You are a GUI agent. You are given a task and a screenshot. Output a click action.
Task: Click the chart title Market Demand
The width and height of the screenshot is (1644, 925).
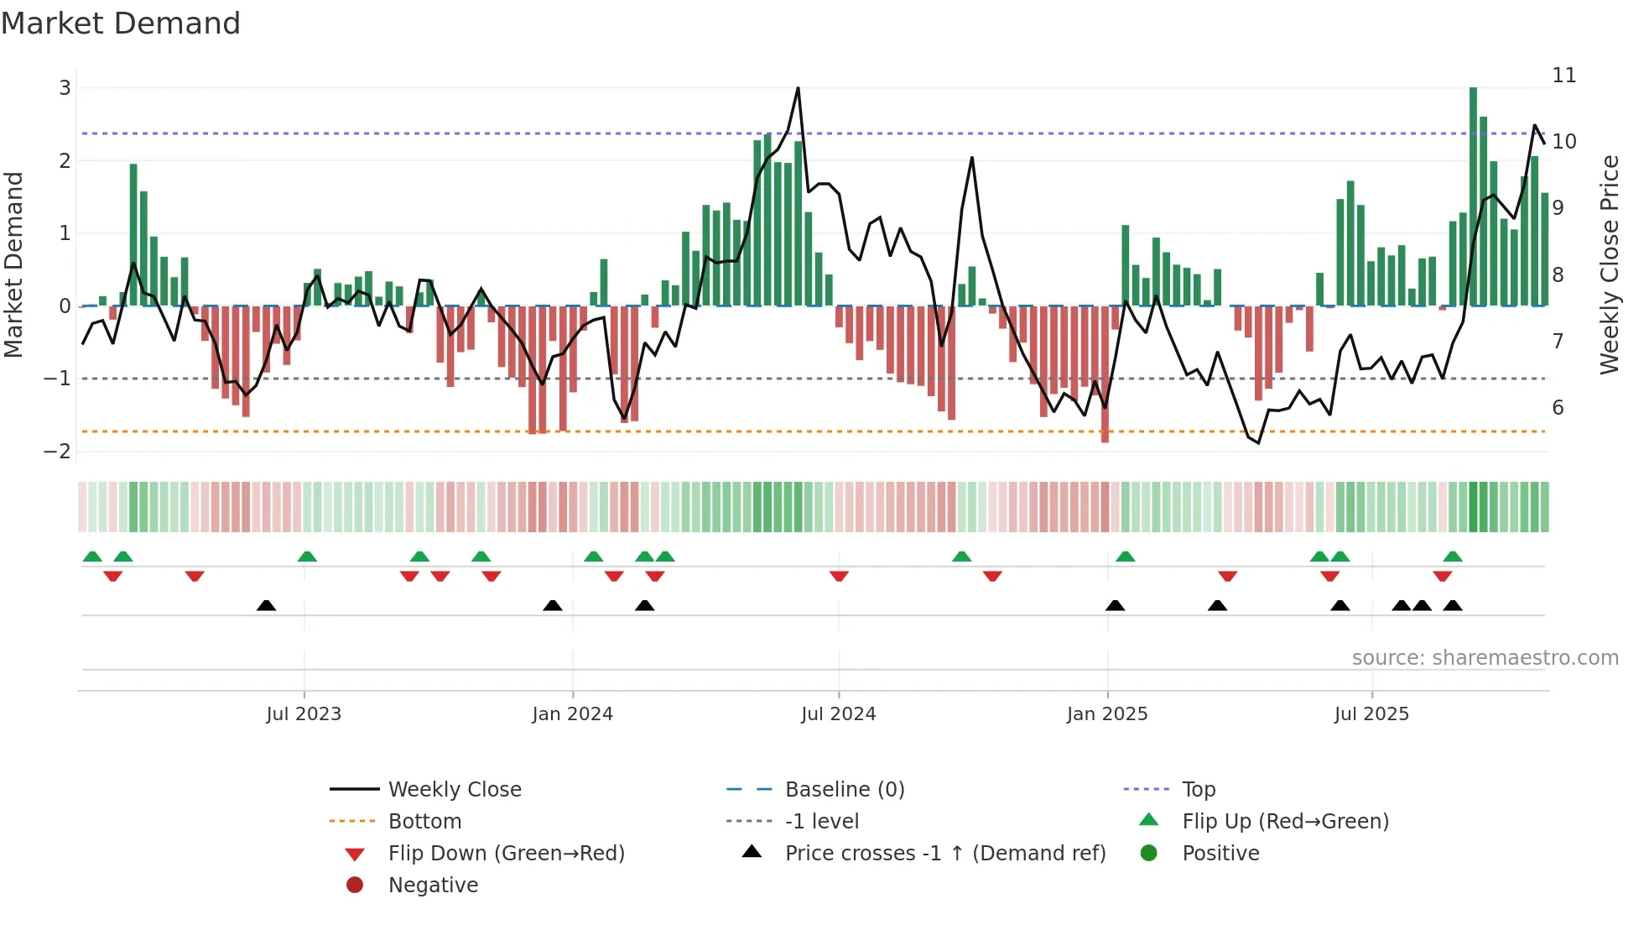click(121, 24)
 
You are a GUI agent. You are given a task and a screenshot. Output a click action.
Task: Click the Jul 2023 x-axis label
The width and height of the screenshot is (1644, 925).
click(304, 714)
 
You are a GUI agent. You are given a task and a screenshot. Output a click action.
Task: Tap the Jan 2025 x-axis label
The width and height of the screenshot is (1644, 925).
click(1107, 714)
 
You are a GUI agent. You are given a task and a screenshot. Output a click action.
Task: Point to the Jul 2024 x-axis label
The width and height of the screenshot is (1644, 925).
click(838, 714)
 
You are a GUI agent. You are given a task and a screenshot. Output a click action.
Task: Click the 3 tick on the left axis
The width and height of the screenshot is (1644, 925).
click(65, 88)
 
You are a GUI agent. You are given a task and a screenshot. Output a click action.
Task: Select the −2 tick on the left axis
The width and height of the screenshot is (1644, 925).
click(58, 452)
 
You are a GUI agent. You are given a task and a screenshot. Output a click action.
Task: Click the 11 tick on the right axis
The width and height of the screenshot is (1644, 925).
click(1563, 76)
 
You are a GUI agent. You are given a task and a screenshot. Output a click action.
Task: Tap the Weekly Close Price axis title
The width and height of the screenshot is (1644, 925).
click(1609, 264)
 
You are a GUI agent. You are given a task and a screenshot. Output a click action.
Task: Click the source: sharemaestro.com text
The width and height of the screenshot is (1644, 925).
click(1485, 658)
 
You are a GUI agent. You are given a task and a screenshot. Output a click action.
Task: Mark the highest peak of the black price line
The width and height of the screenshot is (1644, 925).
click(798, 88)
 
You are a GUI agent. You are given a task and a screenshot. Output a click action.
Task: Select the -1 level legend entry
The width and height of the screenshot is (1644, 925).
click(821, 822)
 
